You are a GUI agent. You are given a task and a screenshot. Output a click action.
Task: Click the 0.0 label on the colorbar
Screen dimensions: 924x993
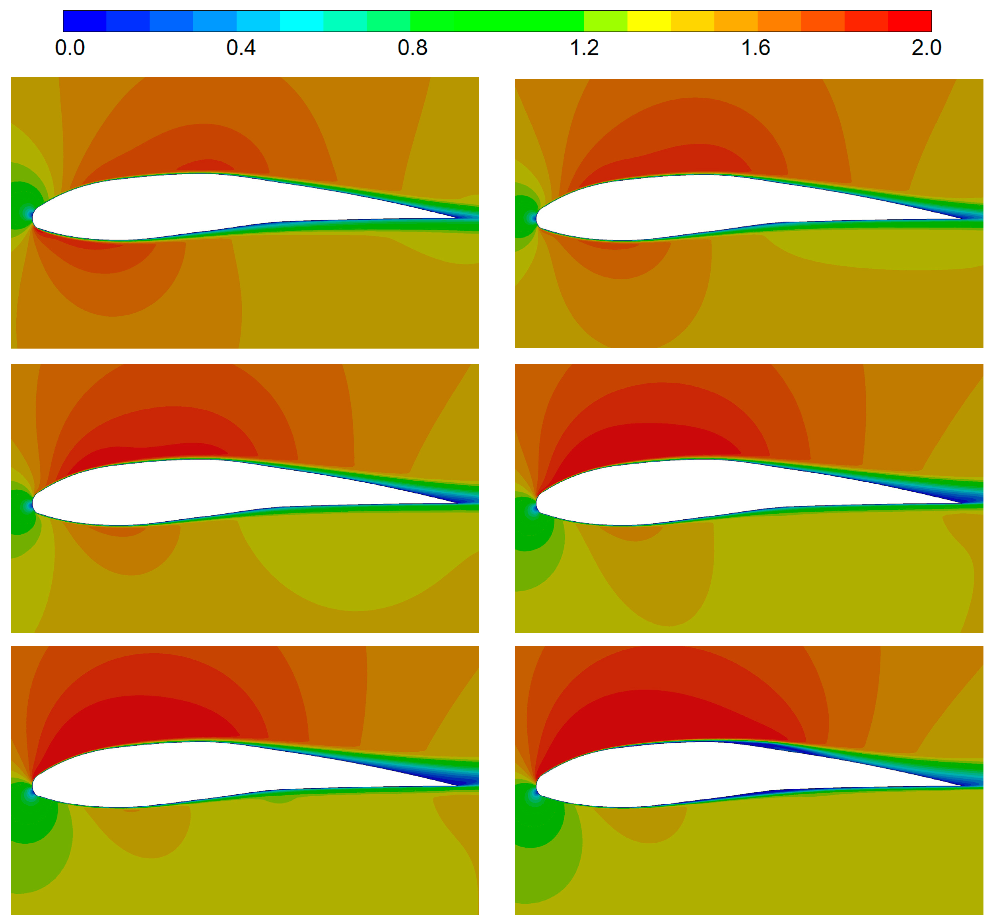pyautogui.click(x=70, y=48)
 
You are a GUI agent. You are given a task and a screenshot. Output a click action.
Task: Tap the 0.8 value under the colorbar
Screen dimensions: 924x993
pyautogui.click(x=412, y=48)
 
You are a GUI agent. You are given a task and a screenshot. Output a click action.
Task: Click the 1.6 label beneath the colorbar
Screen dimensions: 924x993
pyautogui.click(x=755, y=48)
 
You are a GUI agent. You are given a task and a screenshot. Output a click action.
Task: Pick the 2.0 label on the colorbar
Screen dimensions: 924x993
pyautogui.click(x=927, y=48)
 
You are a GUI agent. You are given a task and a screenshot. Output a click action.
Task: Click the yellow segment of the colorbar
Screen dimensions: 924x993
pyautogui.click(x=649, y=21)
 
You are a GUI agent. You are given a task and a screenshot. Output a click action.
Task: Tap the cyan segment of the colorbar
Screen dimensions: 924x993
pyautogui.click(x=302, y=21)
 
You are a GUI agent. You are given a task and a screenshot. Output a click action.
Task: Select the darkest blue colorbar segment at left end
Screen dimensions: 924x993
pyautogui.click(x=84, y=21)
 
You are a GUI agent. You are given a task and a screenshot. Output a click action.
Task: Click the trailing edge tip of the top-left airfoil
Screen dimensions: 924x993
pyautogui.click(x=457, y=218)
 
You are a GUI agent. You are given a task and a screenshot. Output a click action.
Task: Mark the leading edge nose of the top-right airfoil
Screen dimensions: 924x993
pyautogui.click(x=536, y=218)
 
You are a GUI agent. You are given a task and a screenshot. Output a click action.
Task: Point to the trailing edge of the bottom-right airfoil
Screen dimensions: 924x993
pyautogui.click(x=962, y=786)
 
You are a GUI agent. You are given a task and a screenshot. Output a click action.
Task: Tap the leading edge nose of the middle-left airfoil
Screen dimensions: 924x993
pyautogui.click(x=33, y=503)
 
